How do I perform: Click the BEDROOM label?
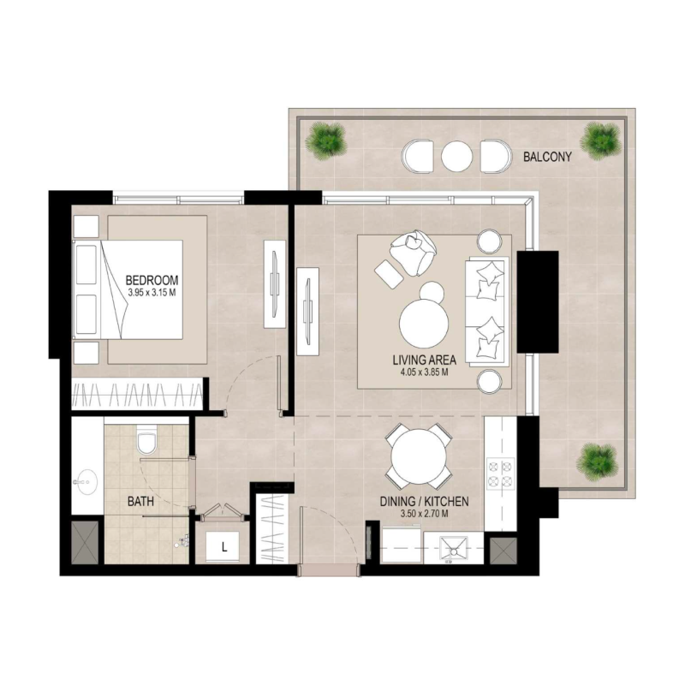(152, 280)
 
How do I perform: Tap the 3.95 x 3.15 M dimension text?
(152, 293)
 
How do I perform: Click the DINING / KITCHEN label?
(425, 502)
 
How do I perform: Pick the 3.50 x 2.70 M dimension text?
(425, 515)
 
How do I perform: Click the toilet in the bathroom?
(146, 441)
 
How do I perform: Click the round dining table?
(418, 456)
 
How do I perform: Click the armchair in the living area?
(411, 253)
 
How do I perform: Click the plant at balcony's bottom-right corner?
(596, 460)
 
